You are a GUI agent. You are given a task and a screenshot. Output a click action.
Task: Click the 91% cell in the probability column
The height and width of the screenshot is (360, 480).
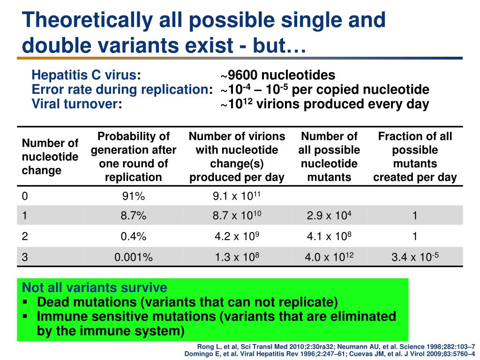134,196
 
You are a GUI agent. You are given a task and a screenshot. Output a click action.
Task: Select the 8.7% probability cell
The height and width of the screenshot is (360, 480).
134,216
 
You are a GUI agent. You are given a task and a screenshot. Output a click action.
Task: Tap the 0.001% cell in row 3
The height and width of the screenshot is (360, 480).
134,257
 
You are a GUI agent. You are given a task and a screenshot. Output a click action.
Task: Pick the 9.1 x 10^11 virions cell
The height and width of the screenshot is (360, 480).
237,195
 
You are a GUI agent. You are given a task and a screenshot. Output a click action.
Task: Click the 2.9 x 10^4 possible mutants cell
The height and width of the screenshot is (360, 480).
329,215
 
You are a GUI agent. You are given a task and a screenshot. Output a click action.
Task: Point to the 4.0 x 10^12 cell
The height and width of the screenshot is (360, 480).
329,256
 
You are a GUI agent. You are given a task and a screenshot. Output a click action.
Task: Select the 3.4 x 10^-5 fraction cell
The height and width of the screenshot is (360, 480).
415,256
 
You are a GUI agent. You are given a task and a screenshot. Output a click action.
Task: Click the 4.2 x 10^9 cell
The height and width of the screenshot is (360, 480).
237,236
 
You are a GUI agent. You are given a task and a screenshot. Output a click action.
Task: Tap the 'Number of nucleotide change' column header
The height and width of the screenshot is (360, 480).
50,157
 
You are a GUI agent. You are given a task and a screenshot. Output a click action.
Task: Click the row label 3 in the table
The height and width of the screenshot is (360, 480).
25,257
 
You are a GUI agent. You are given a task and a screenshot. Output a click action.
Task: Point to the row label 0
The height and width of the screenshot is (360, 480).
25,196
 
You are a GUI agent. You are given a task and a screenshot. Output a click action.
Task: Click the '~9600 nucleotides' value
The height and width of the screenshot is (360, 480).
277,75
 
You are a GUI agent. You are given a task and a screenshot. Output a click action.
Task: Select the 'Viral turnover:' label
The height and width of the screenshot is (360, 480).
77,104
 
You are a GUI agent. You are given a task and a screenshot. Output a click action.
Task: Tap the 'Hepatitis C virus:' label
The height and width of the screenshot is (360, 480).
86,75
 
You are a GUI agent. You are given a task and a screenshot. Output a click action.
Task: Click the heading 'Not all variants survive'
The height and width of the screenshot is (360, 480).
95,287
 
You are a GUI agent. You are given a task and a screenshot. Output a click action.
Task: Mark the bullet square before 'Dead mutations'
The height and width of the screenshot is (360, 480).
25,302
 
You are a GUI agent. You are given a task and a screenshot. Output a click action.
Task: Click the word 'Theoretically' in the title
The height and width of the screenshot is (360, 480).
87,20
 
